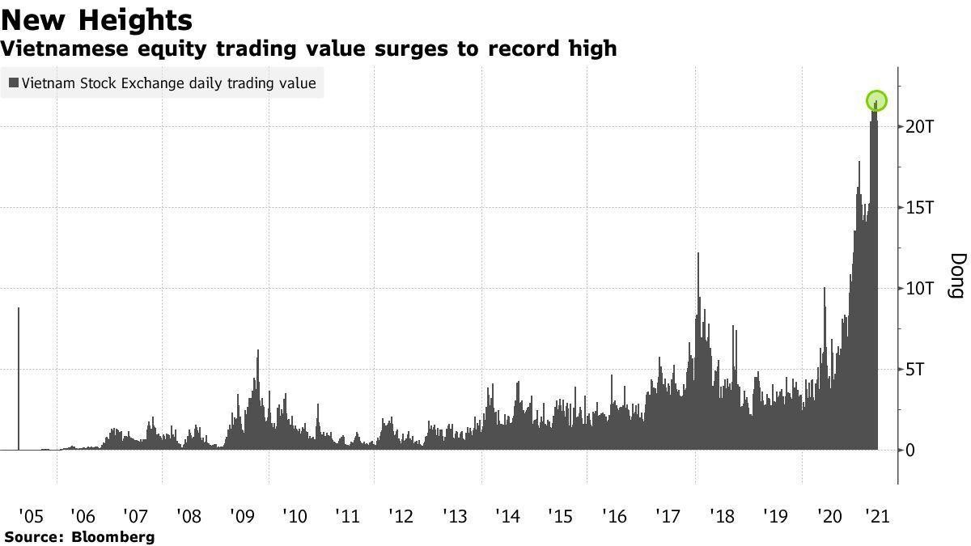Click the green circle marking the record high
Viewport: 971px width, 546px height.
pyautogui.click(x=876, y=101)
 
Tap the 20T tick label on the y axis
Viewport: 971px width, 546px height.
pyautogui.click(x=920, y=127)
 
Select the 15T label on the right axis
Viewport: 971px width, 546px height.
pyautogui.click(x=920, y=208)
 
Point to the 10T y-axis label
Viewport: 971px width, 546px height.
pyautogui.click(x=920, y=289)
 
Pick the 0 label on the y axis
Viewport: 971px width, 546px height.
pyautogui.click(x=910, y=451)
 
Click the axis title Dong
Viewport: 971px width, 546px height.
pyautogui.click(x=956, y=275)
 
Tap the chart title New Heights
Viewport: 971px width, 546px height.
pyautogui.click(x=97, y=19)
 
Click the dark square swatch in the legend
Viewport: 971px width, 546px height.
pyautogui.click(x=14, y=83)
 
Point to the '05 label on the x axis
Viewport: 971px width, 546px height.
pyautogui.click(x=32, y=516)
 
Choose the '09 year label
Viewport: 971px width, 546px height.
pyautogui.click(x=243, y=516)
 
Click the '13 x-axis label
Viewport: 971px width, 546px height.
pyautogui.click(x=456, y=516)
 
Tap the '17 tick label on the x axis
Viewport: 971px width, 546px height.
pyautogui.click(x=668, y=516)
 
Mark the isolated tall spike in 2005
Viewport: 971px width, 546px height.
pyautogui.click(x=19, y=309)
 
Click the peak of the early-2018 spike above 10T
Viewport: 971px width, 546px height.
pyautogui.click(x=698, y=254)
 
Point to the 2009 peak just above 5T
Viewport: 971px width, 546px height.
pyautogui.click(x=257, y=351)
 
